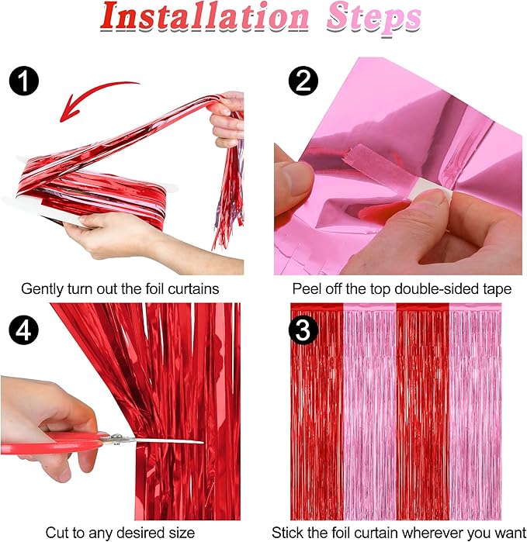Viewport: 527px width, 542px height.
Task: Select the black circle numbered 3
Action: pos(303,330)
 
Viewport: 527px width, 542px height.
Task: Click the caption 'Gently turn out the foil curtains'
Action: pos(120,288)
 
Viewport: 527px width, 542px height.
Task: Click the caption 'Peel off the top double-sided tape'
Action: pos(401,288)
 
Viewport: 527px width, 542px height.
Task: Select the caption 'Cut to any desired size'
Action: pos(120,533)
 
